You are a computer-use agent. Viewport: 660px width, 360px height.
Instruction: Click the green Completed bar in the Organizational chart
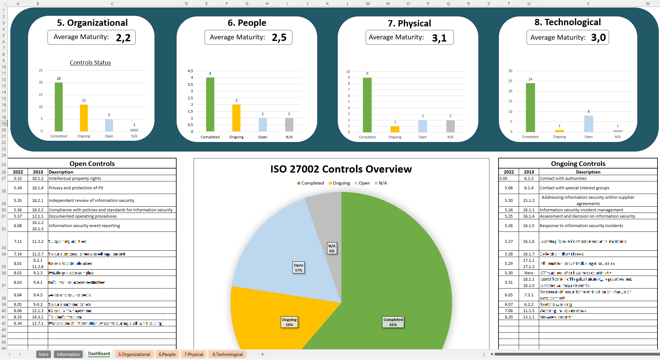tap(59, 107)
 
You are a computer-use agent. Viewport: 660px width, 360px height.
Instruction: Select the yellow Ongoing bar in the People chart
tap(236, 118)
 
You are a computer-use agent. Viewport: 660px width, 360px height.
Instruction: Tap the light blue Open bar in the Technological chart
tap(588, 124)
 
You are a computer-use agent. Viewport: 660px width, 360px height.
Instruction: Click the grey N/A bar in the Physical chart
tap(450, 126)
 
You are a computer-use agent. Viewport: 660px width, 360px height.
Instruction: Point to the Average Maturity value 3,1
tap(439, 38)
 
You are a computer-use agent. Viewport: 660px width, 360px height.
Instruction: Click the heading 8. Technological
tap(567, 22)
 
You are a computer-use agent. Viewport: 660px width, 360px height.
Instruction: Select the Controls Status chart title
tap(90, 62)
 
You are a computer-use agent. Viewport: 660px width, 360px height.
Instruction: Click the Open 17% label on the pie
tap(298, 267)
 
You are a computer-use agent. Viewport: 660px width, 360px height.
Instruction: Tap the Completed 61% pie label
tap(393, 322)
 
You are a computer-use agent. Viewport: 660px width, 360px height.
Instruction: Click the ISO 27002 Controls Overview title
tap(341, 169)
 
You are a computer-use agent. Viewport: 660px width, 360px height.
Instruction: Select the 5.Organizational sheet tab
tap(134, 354)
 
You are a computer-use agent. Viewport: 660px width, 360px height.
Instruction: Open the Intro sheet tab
tap(43, 354)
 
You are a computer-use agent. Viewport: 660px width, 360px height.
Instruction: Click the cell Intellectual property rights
tap(75, 178)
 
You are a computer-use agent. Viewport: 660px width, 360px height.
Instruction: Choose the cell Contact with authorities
tap(563, 178)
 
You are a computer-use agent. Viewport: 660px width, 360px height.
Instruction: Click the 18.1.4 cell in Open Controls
tap(38, 188)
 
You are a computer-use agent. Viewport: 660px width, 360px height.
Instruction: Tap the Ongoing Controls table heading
tap(578, 163)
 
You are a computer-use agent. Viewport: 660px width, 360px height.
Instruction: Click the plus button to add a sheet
tap(262, 354)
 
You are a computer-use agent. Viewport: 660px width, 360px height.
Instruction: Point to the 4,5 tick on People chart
tap(190, 71)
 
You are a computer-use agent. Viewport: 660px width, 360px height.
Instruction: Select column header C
tap(112, 3)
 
